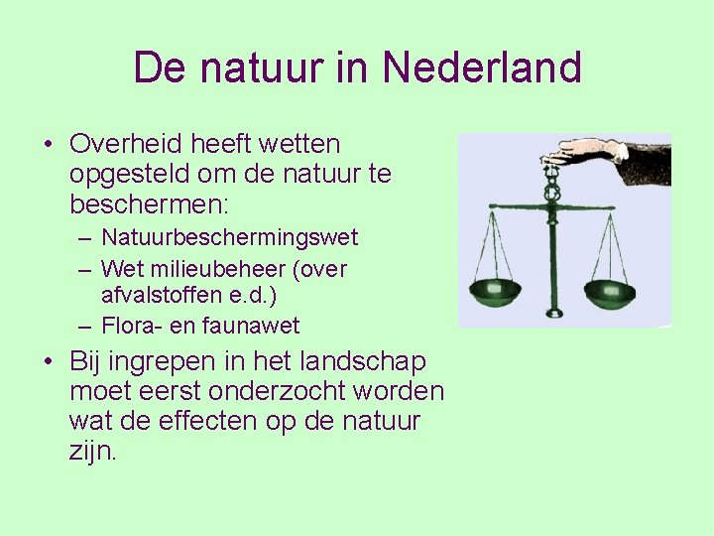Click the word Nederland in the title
[481, 67]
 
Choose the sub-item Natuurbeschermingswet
[229, 238]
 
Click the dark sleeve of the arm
[649, 159]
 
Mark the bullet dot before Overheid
[49, 146]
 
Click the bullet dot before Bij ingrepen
[49, 362]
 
